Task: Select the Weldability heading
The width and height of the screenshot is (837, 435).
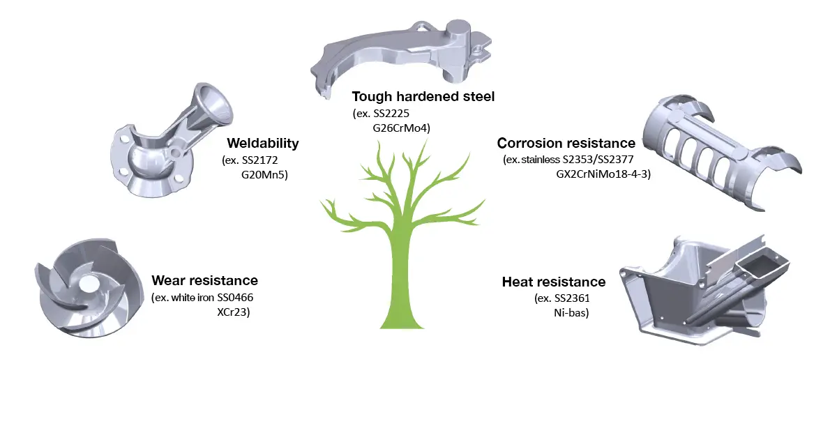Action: tap(262, 144)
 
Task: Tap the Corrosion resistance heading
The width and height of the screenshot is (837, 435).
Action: tap(566, 143)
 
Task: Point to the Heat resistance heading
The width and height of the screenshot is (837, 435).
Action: tap(554, 282)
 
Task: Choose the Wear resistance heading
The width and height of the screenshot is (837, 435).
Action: tap(204, 281)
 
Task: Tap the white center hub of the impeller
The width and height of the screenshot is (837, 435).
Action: tap(89, 283)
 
